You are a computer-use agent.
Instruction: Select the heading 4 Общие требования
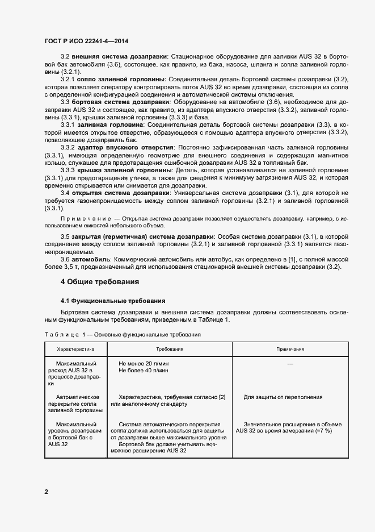(99, 281)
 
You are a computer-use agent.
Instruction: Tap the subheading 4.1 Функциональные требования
(113, 301)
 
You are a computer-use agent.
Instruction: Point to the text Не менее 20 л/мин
(144, 363)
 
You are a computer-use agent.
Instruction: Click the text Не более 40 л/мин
(144, 370)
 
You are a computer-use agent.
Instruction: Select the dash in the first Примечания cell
(290, 363)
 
